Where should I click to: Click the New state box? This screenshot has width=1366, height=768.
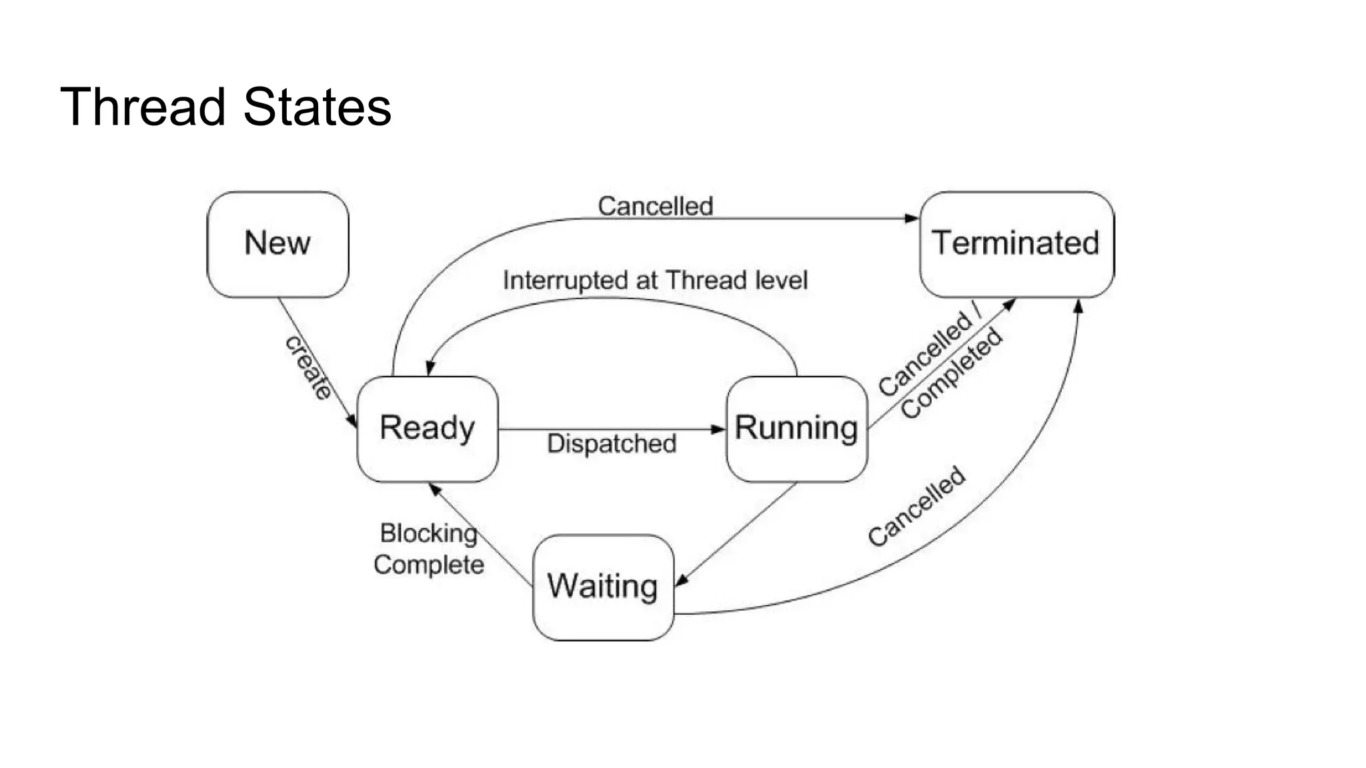pos(277,244)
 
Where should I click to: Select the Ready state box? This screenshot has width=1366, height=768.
pos(428,429)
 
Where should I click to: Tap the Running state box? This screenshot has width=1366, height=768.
pos(796,429)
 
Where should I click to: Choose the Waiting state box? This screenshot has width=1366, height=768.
pos(603,587)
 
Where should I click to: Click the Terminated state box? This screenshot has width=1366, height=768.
pos(1016,244)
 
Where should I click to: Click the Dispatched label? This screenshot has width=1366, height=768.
pos(612,444)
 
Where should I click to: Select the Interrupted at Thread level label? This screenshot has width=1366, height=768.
pos(655,281)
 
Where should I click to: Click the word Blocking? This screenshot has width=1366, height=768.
pos(428,533)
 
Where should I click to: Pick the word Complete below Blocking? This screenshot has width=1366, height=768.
pos(428,565)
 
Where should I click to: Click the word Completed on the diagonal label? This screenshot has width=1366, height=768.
pos(952,374)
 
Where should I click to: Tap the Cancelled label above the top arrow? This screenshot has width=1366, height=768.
pos(655,206)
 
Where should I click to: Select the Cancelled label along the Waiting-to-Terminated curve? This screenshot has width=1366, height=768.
pos(916,507)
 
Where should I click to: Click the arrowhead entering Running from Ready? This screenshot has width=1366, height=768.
pos(718,429)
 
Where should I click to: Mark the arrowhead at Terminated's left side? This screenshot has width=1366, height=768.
pos(911,218)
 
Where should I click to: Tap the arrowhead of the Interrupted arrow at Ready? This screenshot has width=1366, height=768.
pos(430,369)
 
